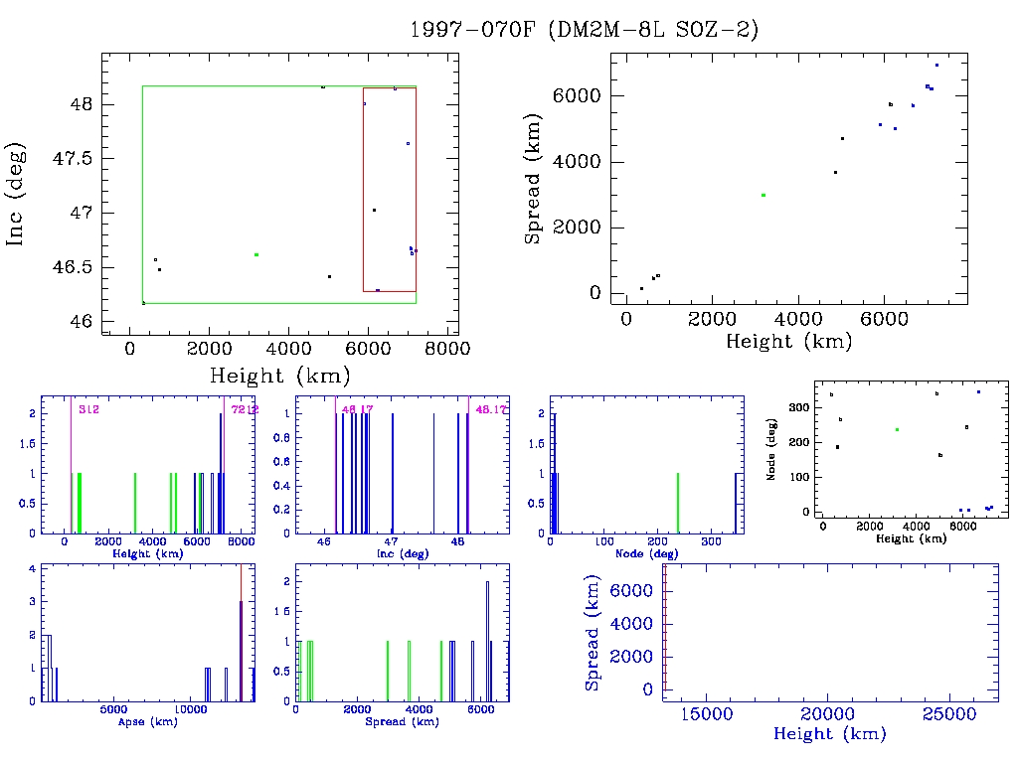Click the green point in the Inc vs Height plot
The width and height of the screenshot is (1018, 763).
(x=256, y=254)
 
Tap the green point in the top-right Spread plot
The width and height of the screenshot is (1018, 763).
(x=763, y=195)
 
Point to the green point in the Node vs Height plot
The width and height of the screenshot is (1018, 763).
(x=897, y=429)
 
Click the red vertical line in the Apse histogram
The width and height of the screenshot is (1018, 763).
(x=241, y=636)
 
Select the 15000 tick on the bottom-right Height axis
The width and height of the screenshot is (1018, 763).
(x=710, y=714)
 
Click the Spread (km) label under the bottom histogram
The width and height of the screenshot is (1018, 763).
(x=403, y=721)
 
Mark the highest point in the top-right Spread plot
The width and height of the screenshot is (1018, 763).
(x=936, y=66)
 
